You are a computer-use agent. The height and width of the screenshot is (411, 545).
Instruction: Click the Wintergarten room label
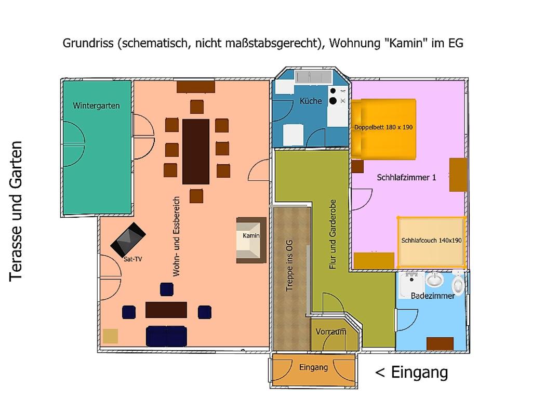96,105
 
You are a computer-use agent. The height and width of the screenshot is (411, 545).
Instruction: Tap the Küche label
311,101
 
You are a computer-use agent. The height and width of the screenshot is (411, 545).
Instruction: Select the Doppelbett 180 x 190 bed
383,129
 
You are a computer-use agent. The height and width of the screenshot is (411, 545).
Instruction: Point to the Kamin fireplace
251,240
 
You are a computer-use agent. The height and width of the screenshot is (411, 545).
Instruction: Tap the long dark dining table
196,152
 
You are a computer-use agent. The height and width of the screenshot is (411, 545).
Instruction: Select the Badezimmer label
433,296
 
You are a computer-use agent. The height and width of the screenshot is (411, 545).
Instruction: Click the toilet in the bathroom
458,283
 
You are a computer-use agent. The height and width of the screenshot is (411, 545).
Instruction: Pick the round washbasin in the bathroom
434,280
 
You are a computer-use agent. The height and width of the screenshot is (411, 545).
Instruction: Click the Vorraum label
331,332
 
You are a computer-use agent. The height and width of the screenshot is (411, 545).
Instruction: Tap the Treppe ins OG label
289,266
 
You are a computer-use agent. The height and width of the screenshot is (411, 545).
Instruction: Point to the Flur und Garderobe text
333,234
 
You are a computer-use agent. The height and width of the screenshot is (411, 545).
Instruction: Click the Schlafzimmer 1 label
406,178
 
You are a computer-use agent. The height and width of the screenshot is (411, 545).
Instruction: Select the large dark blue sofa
166,336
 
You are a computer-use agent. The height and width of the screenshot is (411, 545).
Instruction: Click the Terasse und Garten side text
16,211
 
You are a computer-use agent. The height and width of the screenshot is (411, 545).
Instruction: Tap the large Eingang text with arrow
411,373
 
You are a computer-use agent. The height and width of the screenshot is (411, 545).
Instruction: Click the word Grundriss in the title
88,43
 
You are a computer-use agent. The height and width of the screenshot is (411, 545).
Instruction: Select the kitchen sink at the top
312,76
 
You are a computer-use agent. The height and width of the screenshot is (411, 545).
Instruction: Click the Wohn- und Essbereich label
177,237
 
